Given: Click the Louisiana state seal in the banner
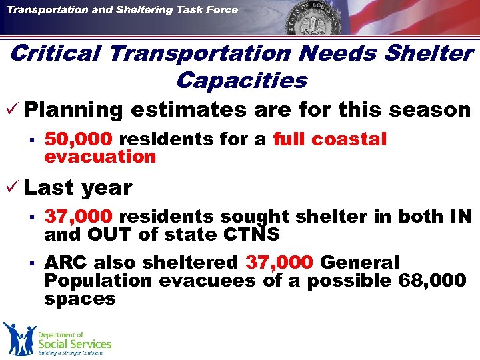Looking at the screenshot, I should [315, 25].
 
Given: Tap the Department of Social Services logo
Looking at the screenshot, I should [57, 339].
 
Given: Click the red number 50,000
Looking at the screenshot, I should [81, 139].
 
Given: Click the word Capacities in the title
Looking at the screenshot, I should [241, 81].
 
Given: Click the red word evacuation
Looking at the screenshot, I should [99, 157].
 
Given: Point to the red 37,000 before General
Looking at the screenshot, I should [279, 263].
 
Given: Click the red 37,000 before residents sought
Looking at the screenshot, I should [81, 217].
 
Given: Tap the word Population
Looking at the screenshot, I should [98, 281].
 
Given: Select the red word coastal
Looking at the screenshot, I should [349, 139].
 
